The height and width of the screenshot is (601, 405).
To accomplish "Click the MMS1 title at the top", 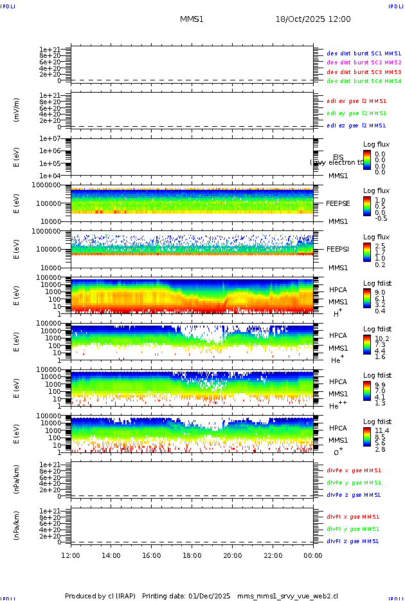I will (x=192, y=19).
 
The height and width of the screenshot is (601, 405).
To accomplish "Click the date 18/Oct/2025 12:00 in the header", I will (x=313, y=19).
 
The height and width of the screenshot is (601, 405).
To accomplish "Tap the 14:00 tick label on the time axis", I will (x=111, y=555).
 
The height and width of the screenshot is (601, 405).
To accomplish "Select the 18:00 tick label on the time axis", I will (x=192, y=555).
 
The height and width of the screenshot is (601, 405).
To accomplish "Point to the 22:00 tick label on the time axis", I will (x=273, y=555).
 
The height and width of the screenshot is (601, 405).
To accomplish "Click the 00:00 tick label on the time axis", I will (x=313, y=555).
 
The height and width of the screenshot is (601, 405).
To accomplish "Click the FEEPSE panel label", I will (x=337, y=203).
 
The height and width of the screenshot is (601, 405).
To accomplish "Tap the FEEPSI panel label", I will (x=337, y=248).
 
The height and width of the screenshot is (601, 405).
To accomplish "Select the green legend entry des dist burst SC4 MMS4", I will (x=364, y=81).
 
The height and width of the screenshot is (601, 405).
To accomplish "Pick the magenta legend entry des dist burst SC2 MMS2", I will (x=364, y=62).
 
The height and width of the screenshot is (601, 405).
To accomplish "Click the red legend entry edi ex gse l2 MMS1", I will (x=357, y=101).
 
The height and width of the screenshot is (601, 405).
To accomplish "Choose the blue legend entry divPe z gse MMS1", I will (x=354, y=495).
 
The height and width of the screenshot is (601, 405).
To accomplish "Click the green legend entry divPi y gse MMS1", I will (x=354, y=529).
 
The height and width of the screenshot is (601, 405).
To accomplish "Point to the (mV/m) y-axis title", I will (x=17, y=109).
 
